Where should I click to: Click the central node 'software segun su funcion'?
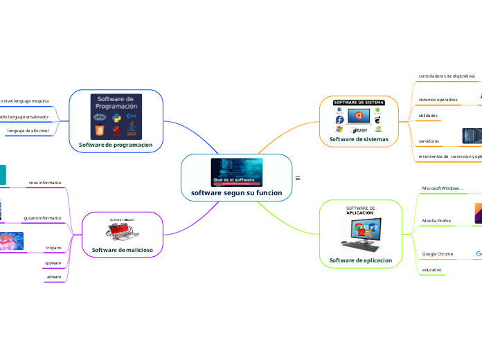pos(236,192)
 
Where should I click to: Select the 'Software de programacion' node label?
pos(116,144)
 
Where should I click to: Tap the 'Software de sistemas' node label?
pos(359,139)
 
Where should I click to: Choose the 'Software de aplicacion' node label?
pos(361,260)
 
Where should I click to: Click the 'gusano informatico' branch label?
pos(42,218)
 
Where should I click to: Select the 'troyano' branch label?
pos(53,247)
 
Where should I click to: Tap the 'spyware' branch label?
pos(53,263)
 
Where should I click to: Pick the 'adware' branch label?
pos(54,277)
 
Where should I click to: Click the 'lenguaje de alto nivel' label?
pos(28,130)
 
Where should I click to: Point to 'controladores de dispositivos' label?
pos(447,75)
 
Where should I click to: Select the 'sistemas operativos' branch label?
pos(438,100)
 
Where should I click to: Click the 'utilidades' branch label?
pos(428,115)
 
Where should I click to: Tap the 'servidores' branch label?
pos(429,141)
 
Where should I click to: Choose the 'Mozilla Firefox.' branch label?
pos(437,221)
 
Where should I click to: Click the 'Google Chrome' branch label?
pos(438,254)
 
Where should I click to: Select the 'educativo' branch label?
pos(432,270)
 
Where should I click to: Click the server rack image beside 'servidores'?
pos(471,136)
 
